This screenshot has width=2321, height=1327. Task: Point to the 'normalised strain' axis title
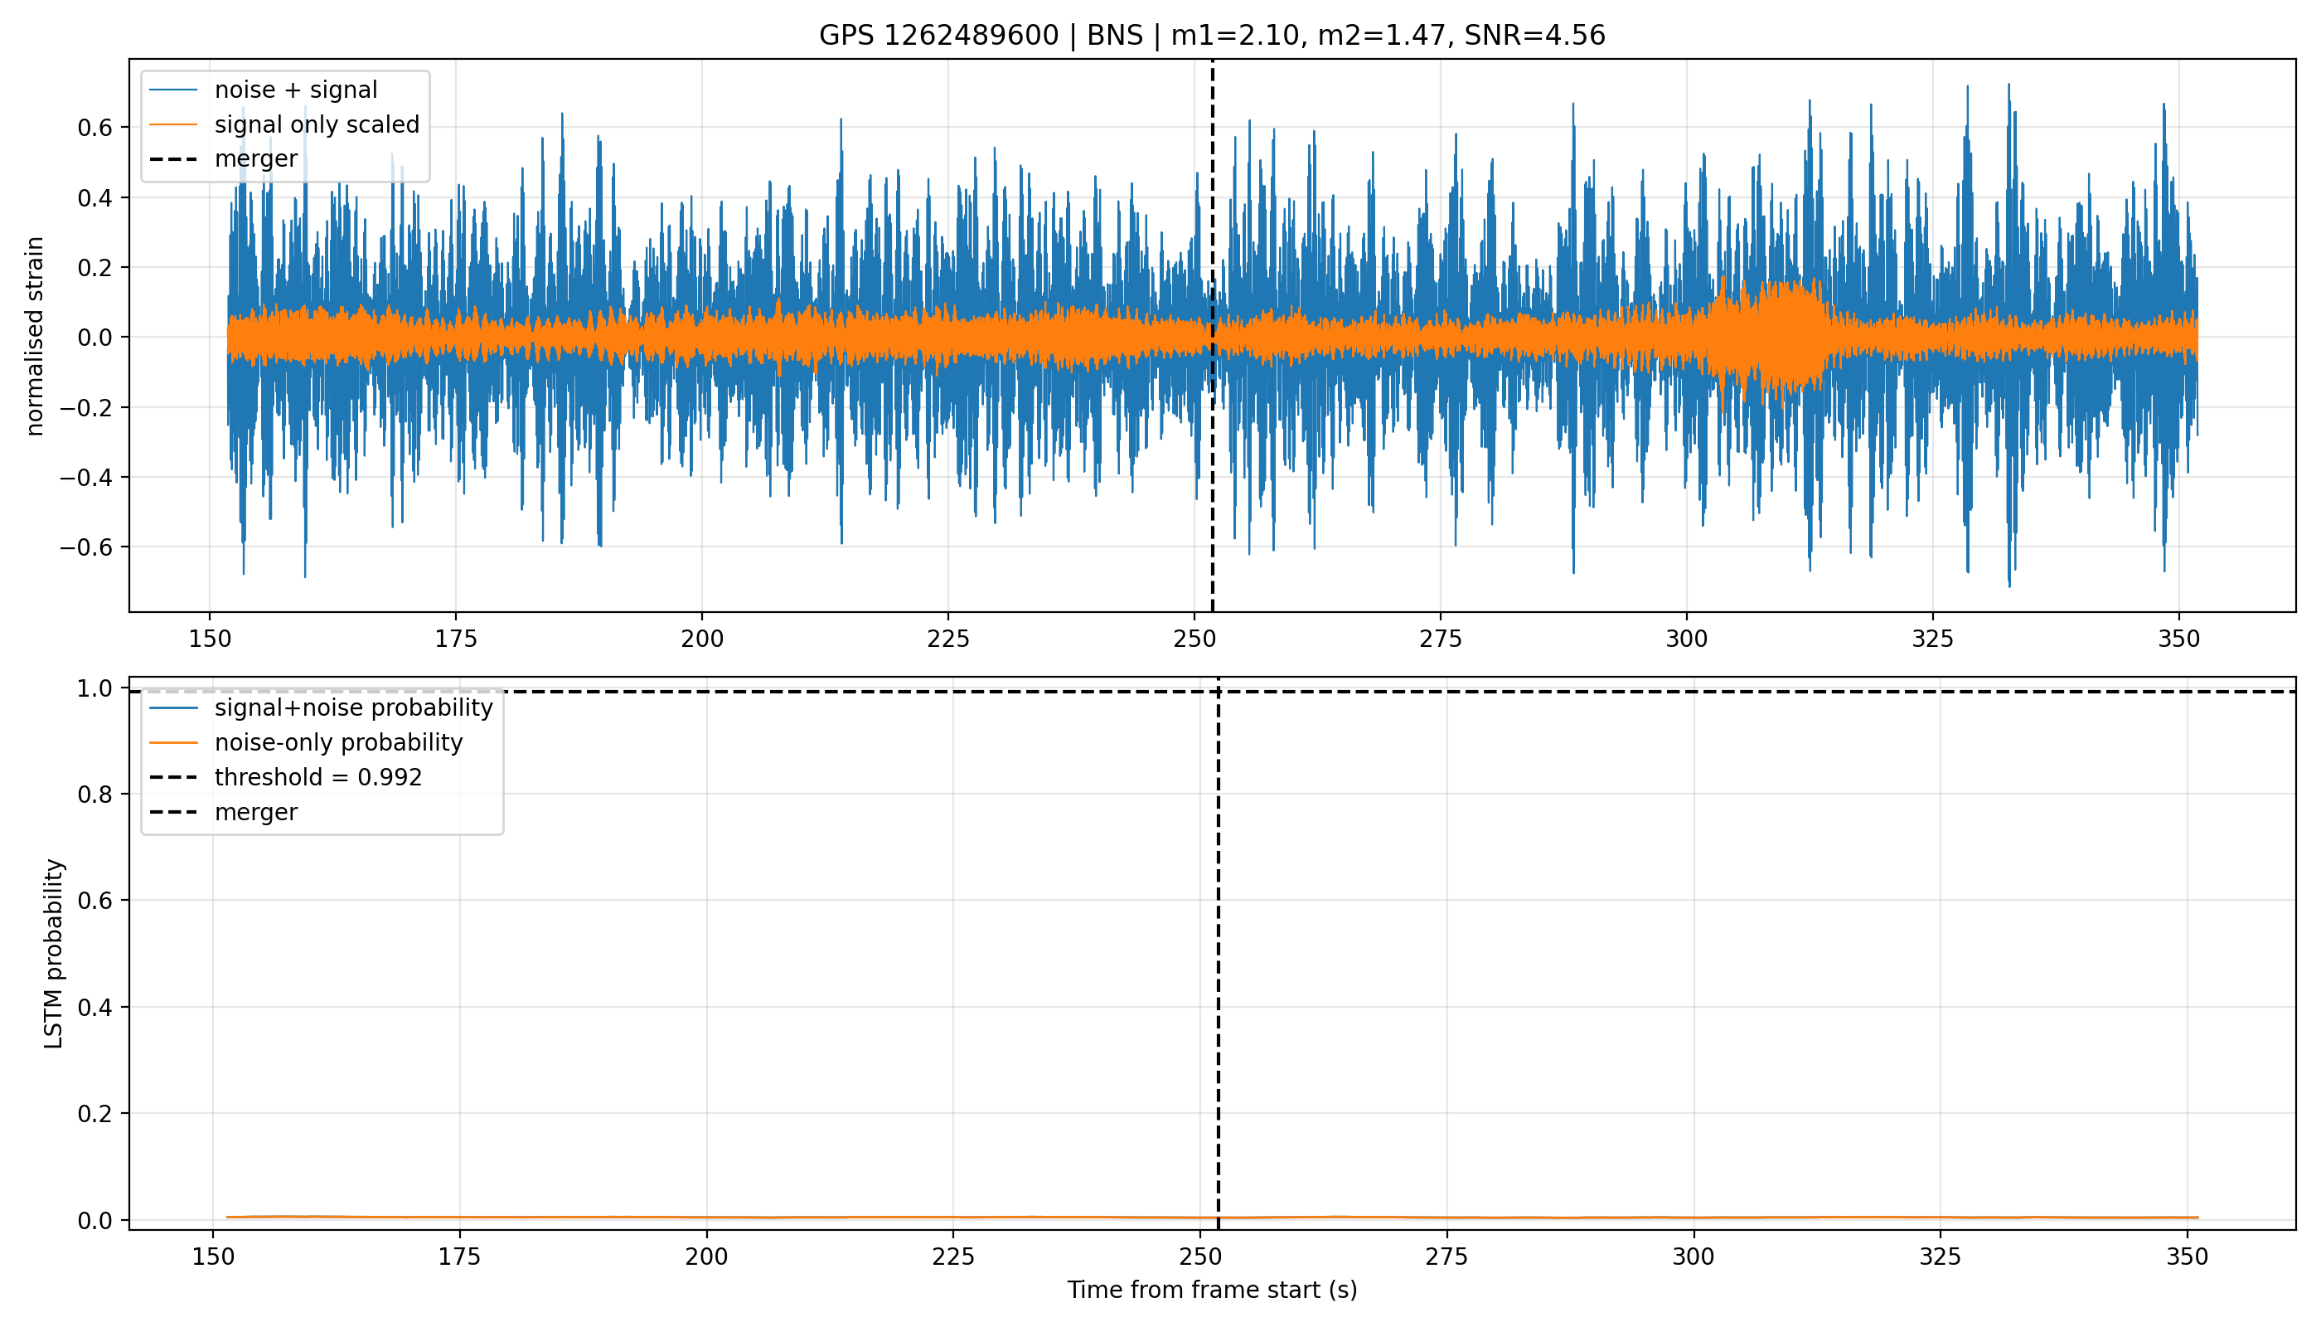(x=35, y=336)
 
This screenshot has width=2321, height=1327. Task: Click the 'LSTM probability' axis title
(x=54, y=953)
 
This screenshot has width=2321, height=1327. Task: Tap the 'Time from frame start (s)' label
(x=1213, y=1290)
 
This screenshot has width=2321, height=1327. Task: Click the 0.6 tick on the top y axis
(x=94, y=128)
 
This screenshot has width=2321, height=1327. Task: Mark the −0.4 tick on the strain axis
(x=85, y=478)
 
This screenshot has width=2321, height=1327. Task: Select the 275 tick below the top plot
(x=1440, y=639)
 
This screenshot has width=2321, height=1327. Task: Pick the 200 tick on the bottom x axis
(x=706, y=1257)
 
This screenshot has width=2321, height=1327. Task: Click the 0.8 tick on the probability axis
(x=94, y=795)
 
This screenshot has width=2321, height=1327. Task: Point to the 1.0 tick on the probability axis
(x=94, y=688)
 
